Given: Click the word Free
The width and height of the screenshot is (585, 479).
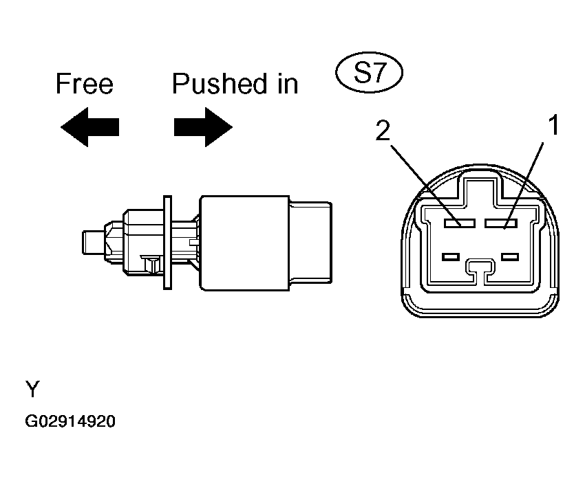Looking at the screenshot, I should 84,84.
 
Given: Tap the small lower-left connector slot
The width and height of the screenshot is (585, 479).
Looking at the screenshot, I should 451,257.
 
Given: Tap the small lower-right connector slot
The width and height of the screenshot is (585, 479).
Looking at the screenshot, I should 509,257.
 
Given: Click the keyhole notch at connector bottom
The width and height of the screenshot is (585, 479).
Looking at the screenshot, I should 479,269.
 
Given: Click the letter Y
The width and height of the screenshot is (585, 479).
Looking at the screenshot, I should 33,390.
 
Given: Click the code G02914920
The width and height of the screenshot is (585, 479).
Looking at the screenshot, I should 71,421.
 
